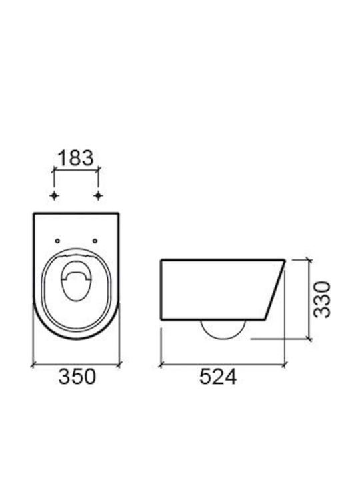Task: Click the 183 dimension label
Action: pos(75,158)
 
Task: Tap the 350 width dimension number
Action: pos(77,377)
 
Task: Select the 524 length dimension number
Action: pos(218,377)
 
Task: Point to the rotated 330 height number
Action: pos(323,300)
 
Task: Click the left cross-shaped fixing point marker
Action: pos(54,195)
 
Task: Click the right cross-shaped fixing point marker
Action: pos(98,195)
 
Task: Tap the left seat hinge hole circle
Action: pos(57,241)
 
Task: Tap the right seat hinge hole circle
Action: pos(95,241)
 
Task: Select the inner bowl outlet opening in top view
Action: pos(75,281)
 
